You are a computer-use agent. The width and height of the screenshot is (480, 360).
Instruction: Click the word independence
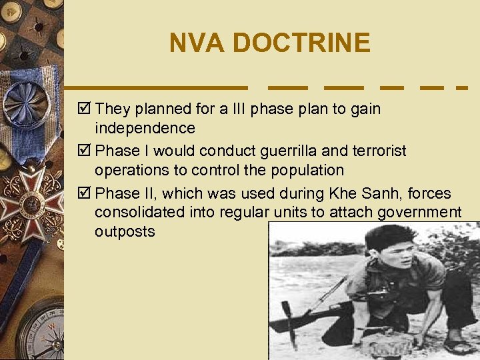click(x=145, y=127)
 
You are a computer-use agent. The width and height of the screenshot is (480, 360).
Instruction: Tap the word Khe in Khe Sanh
click(x=343, y=194)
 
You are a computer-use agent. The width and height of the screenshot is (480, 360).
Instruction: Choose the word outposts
click(x=125, y=231)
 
